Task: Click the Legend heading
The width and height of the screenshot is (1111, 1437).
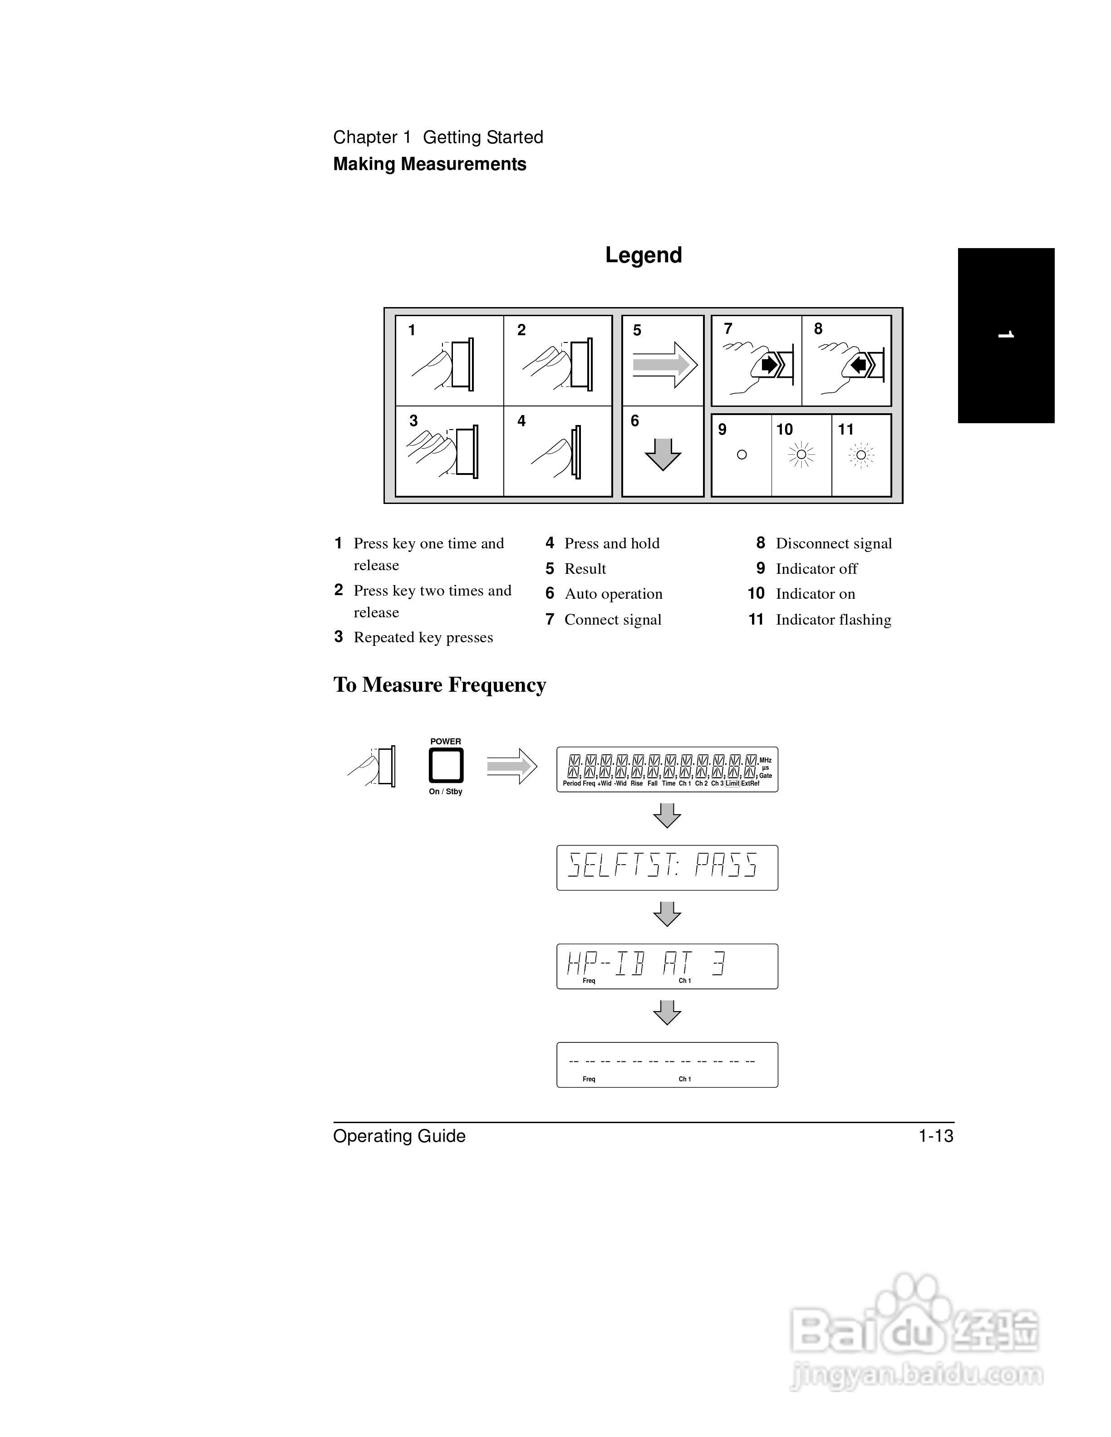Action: (x=643, y=255)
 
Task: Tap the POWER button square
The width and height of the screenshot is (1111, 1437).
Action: (x=446, y=766)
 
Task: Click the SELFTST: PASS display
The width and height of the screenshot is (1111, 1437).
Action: (x=667, y=867)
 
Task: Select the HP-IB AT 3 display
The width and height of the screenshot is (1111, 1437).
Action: (x=667, y=966)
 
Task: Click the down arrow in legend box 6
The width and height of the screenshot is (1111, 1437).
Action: (x=663, y=454)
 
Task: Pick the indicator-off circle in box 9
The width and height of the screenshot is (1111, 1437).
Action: (x=742, y=455)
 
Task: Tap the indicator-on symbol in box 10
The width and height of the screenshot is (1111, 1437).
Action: (x=801, y=455)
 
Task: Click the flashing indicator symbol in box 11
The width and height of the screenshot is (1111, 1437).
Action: (x=861, y=455)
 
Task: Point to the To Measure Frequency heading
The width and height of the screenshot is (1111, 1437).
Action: (x=440, y=685)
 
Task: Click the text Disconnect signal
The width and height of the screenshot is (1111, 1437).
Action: (x=833, y=543)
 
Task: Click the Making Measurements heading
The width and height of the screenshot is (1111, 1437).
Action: (x=429, y=165)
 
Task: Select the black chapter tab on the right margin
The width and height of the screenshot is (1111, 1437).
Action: (x=1006, y=336)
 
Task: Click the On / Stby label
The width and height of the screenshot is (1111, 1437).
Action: (x=446, y=792)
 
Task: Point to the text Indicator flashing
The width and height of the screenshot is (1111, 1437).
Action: (x=833, y=620)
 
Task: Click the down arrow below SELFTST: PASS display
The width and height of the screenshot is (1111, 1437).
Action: (x=667, y=914)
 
